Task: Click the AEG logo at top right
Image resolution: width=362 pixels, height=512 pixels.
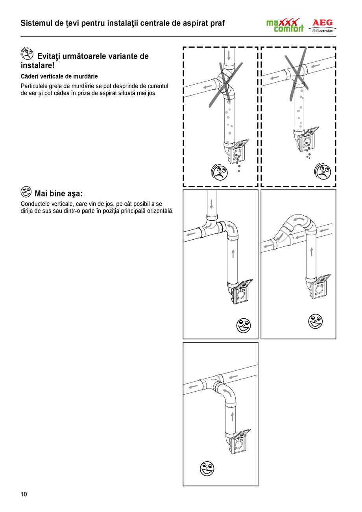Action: point(322,23)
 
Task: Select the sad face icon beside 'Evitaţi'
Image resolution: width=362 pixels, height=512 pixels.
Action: point(26,54)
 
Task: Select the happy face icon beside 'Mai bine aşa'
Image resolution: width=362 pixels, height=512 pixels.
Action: point(26,192)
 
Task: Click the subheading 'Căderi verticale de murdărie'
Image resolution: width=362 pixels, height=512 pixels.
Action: point(59,76)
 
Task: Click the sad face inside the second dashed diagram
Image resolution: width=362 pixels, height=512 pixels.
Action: point(323,171)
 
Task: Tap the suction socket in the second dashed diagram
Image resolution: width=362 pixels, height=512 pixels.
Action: point(309,140)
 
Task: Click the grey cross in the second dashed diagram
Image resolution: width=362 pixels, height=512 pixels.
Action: point(297,74)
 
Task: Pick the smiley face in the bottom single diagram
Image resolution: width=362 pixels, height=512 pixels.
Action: point(207,469)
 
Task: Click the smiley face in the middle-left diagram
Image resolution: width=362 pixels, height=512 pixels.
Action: point(243,325)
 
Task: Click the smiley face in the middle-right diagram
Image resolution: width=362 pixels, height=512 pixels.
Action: point(316,321)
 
